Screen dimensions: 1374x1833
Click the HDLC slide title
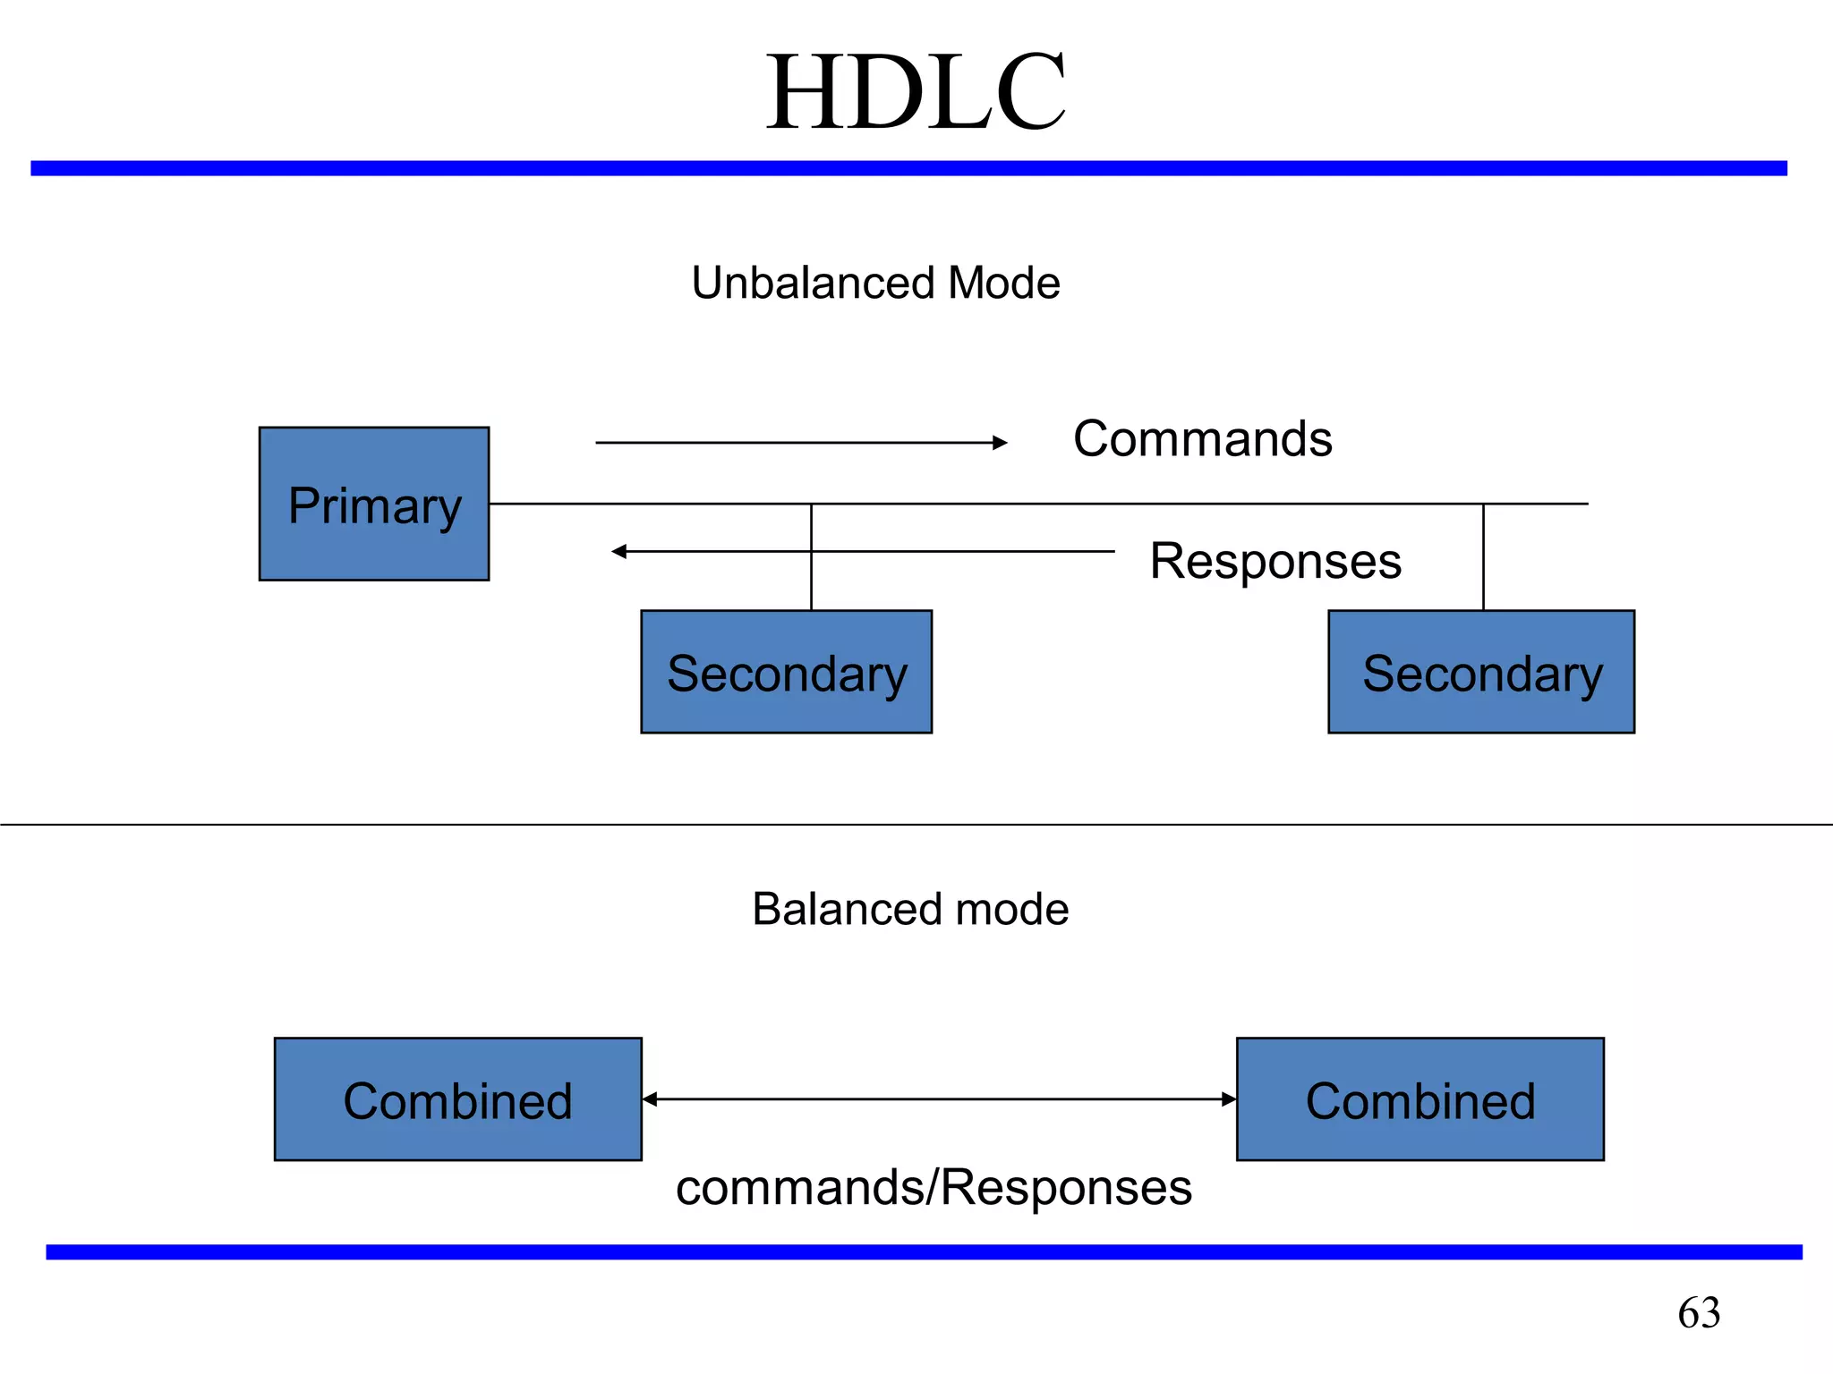(916, 93)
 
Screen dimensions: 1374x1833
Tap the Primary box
(374, 505)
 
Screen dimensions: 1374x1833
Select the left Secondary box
(786, 673)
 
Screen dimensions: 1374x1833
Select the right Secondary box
(1481, 673)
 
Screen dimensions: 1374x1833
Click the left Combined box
(457, 1099)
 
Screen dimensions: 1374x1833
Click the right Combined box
(1420, 1099)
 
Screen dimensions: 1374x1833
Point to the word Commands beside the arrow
(1202, 439)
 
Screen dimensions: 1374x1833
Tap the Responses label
(1275, 562)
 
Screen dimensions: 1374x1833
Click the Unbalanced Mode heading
(875, 283)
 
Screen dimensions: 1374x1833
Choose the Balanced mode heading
(910, 909)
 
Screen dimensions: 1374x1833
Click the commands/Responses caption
(934, 1188)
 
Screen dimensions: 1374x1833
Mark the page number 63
(1699, 1313)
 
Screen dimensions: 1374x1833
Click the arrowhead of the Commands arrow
(1001, 443)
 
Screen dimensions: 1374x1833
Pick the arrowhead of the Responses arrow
(618, 552)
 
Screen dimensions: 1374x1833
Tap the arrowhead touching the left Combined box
(651, 1099)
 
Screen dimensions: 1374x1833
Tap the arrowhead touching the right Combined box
(1229, 1099)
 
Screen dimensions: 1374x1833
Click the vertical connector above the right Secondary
(1483, 557)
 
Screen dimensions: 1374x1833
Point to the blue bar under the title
(908, 168)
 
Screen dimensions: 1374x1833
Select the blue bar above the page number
(924, 1251)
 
